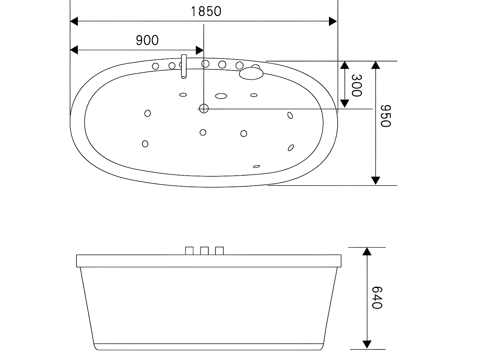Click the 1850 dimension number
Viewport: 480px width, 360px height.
206,12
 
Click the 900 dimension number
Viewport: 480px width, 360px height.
147,40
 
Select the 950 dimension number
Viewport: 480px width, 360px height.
385,116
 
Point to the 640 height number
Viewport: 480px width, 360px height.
377,298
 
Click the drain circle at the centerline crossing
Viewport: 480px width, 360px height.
204,109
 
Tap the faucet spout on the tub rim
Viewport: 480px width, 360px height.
184,67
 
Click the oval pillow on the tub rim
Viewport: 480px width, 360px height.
251,73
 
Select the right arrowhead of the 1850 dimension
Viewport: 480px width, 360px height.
333,22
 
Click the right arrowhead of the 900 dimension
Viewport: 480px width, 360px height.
200,50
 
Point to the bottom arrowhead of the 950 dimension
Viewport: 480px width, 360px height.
376,180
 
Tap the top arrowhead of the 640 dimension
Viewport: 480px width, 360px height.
367,251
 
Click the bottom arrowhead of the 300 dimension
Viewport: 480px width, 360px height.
344,103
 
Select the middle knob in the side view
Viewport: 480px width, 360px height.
204,251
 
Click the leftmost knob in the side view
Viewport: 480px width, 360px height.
189,251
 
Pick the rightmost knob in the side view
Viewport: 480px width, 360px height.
219,251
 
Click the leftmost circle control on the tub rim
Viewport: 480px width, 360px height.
156,66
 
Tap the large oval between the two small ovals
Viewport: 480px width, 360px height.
221,96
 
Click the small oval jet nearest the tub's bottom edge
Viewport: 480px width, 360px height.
256,166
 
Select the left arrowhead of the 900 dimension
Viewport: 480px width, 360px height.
74,50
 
